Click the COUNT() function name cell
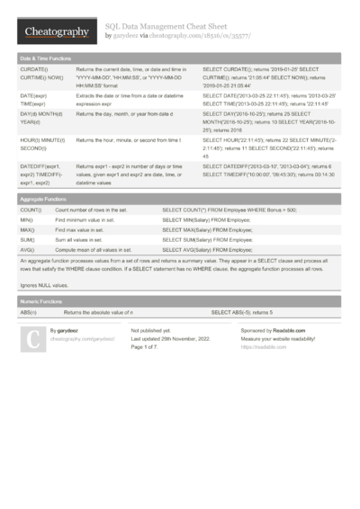coord(31,210)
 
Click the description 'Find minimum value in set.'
coord(85,220)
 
